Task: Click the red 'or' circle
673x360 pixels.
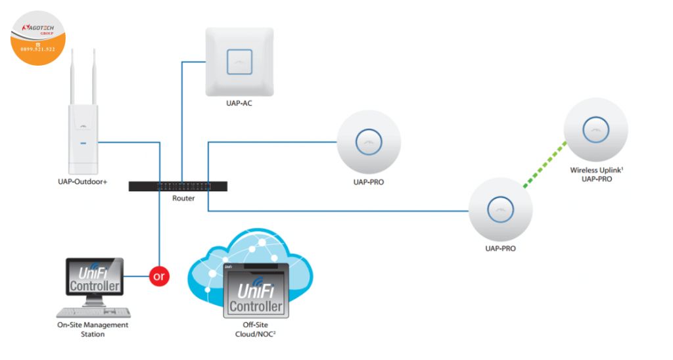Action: [158, 276]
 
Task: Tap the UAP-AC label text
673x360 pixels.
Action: [239, 103]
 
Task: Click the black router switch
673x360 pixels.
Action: [178, 186]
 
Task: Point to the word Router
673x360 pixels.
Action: [183, 198]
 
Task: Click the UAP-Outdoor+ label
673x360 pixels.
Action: [82, 182]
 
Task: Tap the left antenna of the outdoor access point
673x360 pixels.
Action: [72, 76]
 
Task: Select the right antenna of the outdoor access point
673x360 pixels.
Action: [93, 76]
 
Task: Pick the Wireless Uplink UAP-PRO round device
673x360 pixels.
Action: [595, 129]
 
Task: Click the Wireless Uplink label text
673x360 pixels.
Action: [596, 170]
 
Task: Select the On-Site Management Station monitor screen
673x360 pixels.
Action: [95, 277]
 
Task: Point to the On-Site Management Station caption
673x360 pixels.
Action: [93, 329]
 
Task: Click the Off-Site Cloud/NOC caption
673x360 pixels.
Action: [255, 329]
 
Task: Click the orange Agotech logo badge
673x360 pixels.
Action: [38, 38]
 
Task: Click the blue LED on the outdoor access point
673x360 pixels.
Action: [83, 141]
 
